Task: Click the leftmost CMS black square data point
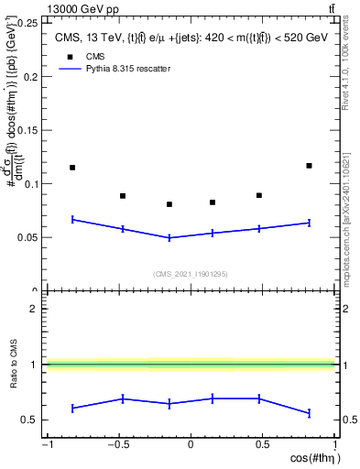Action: tap(72, 168)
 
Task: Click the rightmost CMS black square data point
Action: tap(309, 166)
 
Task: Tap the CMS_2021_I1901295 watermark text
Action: tap(190, 274)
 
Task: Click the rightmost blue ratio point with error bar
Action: tap(309, 413)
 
